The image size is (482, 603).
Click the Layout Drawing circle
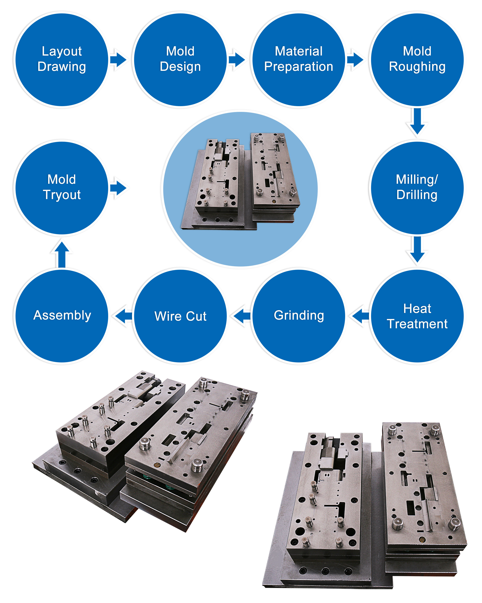(62, 60)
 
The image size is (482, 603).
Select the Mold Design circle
(180, 60)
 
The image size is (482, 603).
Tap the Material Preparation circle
(299, 60)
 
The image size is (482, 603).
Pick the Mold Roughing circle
(417, 60)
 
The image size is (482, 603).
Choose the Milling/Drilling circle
(417, 188)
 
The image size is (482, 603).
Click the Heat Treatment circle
(417, 316)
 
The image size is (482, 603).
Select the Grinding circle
(299, 316)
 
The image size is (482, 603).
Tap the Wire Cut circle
(180, 316)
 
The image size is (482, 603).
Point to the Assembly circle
(62, 316)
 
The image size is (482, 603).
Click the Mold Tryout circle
(62, 188)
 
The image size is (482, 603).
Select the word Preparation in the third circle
(299, 67)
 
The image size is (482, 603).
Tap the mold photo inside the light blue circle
(240, 182)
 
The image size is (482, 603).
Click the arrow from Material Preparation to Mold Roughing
(355, 60)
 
